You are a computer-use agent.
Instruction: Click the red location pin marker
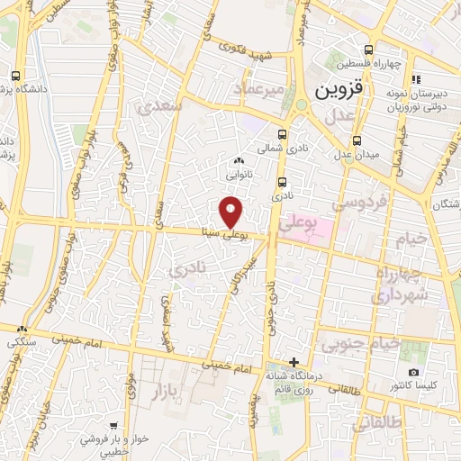230,211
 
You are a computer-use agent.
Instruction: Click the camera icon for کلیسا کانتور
413,372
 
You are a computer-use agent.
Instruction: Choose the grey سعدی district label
162,107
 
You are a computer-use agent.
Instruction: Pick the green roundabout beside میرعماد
301,105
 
